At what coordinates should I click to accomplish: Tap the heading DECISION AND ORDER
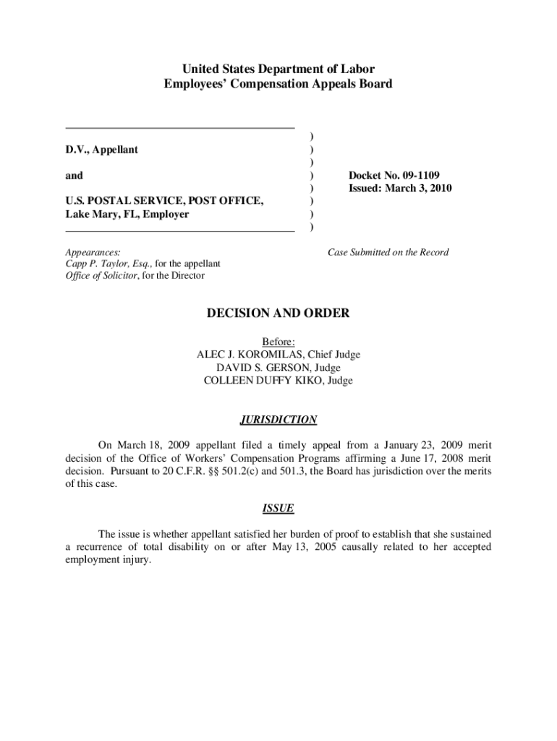tap(278, 313)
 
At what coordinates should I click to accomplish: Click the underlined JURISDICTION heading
tap(278, 420)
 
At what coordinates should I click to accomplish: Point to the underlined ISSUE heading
tap(278, 508)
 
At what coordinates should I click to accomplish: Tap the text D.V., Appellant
tap(102, 149)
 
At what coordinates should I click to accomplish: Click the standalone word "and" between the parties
tap(75, 175)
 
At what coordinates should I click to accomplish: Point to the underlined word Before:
tap(278, 342)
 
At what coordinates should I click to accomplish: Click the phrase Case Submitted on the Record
tap(388, 252)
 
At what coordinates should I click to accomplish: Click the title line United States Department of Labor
tap(278, 69)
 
